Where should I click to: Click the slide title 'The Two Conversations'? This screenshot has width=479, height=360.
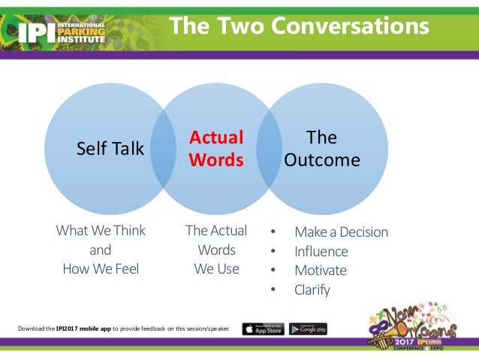pyautogui.click(x=299, y=26)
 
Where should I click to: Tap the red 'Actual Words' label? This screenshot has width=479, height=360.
pyautogui.click(x=216, y=149)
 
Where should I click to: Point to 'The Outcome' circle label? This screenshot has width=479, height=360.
pyautogui.click(x=321, y=149)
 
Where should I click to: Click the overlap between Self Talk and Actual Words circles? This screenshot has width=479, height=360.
pyautogui.click(x=164, y=148)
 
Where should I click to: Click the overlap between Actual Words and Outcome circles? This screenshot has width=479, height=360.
pyautogui.click(x=269, y=148)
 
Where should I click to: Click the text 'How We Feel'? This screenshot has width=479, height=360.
pyautogui.click(x=101, y=268)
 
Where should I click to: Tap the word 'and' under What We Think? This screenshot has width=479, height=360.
pyautogui.click(x=100, y=250)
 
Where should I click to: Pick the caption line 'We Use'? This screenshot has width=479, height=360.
pyautogui.click(x=216, y=268)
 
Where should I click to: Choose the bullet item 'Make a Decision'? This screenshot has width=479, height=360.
pyautogui.click(x=341, y=232)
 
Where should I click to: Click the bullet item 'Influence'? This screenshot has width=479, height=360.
pyautogui.click(x=321, y=252)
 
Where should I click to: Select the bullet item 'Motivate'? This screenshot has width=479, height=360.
pyautogui.click(x=320, y=271)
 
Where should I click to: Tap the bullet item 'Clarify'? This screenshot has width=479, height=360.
pyautogui.click(x=312, y=289)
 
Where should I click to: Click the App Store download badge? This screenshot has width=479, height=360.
pyautogui.click(x=263, y=329)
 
